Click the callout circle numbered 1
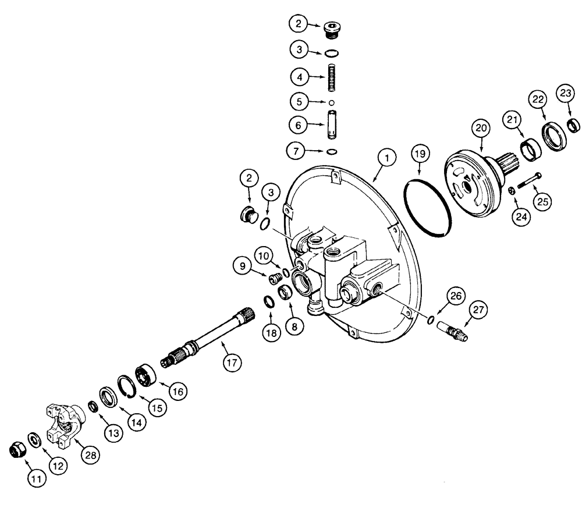[x=387, y=157]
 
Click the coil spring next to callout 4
[x=332, y=78]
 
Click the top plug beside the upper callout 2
[x=332, y=27]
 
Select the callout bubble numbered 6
[x=299, y=125]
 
